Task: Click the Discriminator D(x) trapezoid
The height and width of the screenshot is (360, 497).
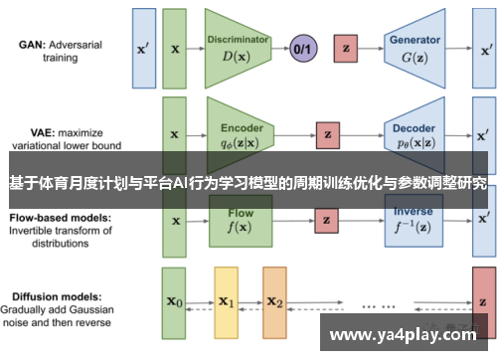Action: tap(239, 47)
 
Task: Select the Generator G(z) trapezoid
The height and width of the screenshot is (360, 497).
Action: tap(416, 47)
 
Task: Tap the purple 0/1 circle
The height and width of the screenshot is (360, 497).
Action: tap(302, 47)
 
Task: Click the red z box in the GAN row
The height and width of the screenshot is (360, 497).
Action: tap(347, 47)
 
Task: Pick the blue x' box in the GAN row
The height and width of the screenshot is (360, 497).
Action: tap(144, 47)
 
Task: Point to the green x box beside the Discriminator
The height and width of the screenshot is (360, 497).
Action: tap(176, 47)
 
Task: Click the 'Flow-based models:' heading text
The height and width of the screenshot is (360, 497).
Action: tap(60, 216)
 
